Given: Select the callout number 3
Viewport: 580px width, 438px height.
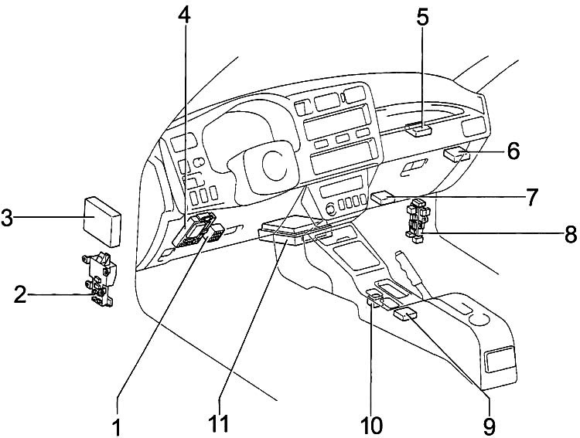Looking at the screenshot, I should pos(7,219).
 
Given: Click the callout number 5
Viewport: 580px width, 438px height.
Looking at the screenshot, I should pos(422,17).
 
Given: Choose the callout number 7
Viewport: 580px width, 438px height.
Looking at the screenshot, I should pos(531,197).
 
